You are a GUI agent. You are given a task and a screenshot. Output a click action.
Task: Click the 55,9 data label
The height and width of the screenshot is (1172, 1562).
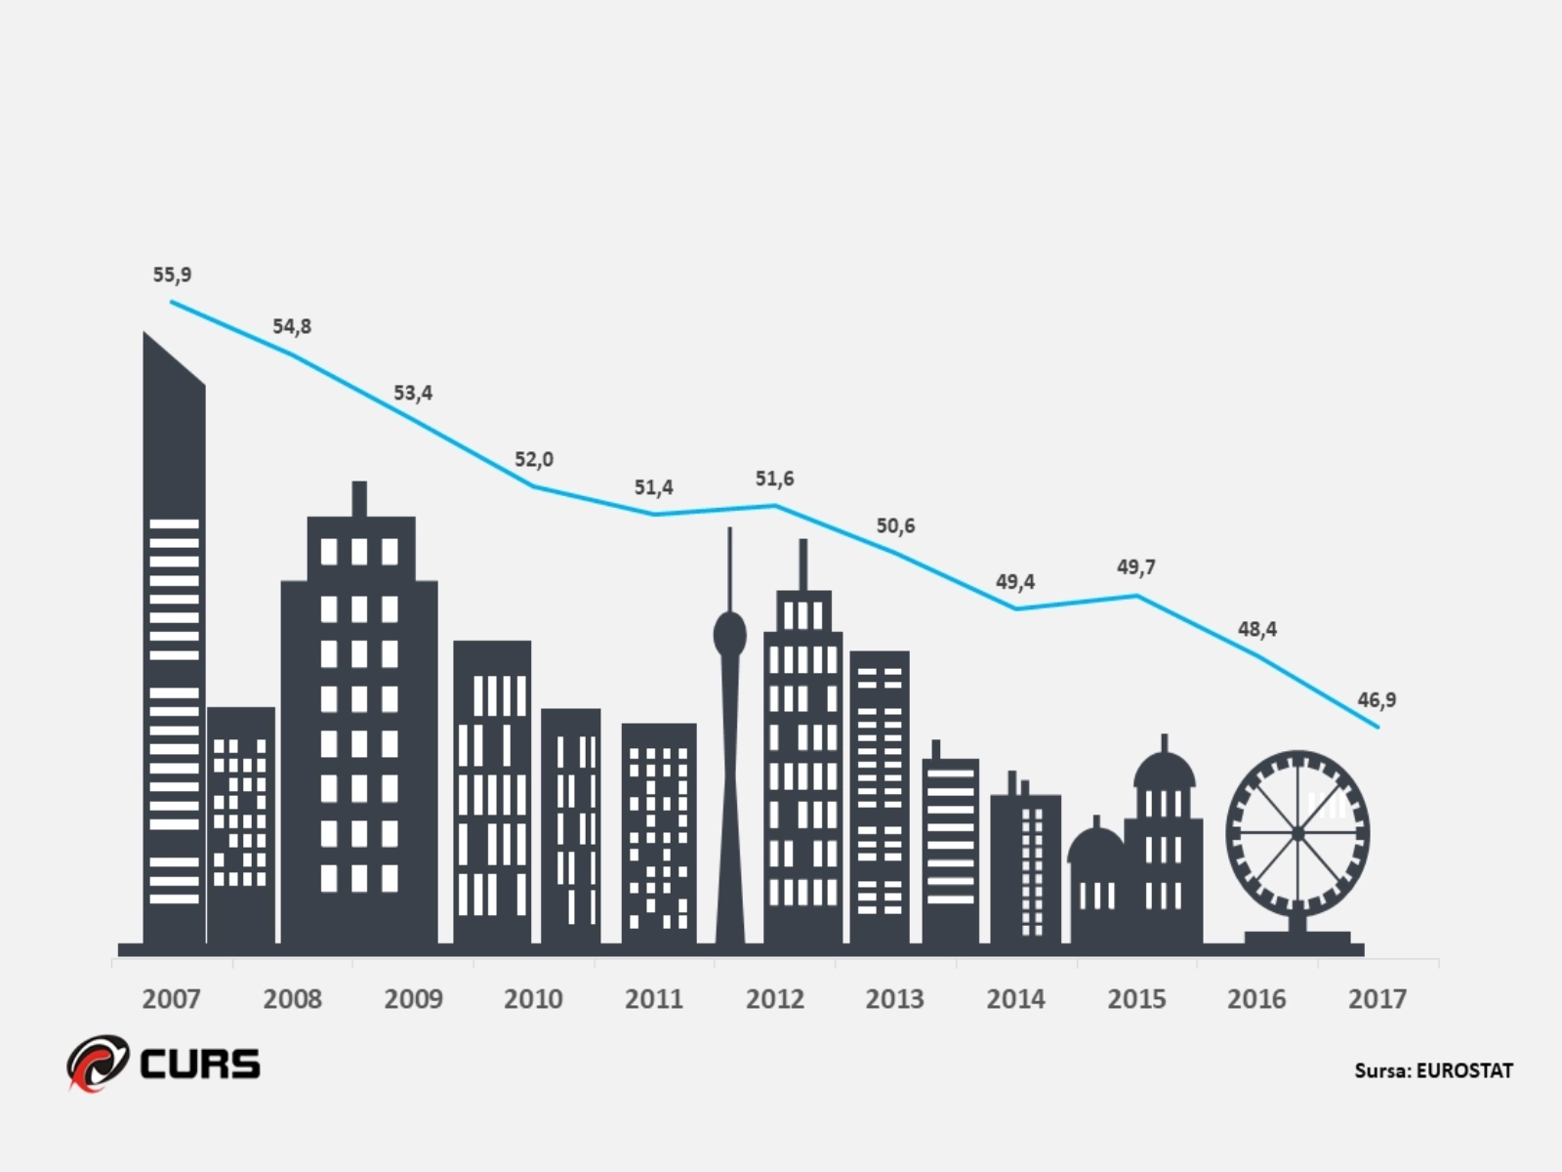[172, 275]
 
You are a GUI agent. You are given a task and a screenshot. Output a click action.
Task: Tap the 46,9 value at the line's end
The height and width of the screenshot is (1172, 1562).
[1377, 700]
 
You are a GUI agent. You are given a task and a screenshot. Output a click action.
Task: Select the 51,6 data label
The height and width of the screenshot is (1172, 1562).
[774, 479]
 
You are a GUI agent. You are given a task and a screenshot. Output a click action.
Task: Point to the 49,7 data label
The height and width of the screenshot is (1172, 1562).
[1136, 567]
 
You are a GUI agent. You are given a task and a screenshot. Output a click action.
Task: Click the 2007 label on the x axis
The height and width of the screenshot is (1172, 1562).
[171, 999]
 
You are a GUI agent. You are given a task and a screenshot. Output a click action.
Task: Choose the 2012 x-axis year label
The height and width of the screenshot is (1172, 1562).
[774, 999]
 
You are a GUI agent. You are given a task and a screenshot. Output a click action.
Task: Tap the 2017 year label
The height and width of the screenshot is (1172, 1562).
[1377, 999]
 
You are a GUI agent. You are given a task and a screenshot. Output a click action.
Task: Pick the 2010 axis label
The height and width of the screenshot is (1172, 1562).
[533, 999]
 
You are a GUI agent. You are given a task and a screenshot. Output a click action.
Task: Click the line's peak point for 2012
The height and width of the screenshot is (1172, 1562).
[775, 506]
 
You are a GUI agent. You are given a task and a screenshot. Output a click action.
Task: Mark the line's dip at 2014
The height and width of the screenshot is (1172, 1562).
[1016, 608]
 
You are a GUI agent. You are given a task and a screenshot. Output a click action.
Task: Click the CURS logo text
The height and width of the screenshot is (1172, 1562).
[200, 1064]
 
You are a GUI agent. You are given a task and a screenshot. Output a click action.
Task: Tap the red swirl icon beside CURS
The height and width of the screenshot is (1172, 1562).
[98, 1063]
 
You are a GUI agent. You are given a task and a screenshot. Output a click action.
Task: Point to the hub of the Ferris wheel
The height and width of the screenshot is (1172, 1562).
[1297, 833]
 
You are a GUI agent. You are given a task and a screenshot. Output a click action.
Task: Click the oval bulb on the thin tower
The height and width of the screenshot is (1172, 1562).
[729, 636]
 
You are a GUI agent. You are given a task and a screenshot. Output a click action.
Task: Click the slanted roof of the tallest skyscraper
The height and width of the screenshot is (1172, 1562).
[174, 359]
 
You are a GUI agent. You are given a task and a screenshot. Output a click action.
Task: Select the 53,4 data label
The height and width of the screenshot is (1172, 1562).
[413, 394]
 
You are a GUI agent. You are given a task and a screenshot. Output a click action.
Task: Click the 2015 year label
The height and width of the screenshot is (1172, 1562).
[1136, 999]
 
